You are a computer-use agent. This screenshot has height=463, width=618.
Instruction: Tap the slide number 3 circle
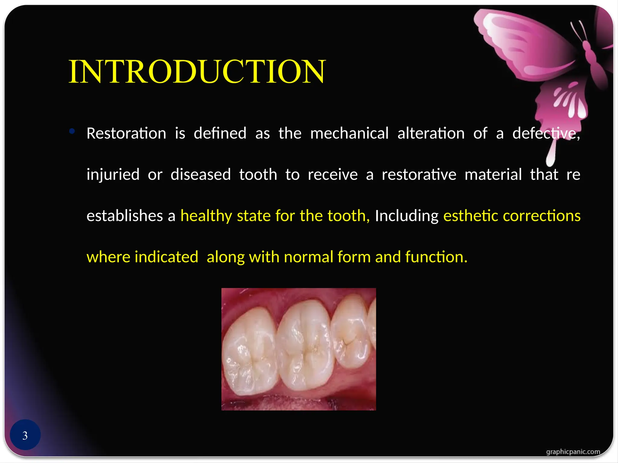(25, 435)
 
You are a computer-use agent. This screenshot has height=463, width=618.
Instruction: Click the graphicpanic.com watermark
(573, 452)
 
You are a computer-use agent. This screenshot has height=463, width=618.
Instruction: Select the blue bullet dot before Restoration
(72, 131)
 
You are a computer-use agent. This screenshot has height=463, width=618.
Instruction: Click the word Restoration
(126, 133)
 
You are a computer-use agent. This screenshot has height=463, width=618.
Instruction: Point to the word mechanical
(349, 133)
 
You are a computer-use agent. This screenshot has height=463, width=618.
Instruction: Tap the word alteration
(431, 133)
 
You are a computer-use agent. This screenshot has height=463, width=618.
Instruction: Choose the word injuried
(113, 175)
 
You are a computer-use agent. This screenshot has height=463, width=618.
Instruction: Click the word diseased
(201, 175)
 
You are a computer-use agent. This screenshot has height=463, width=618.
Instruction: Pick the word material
(493, 175)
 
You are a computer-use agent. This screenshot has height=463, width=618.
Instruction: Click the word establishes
(125, 216)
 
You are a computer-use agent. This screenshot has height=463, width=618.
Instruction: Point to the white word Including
(406, 216)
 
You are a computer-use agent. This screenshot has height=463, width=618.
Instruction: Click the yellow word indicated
(166, 257)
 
